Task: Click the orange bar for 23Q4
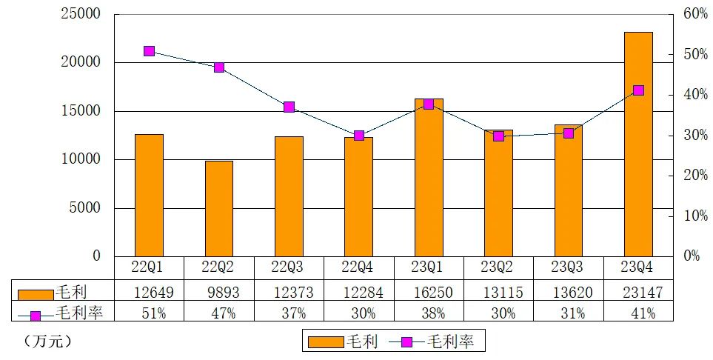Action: (x=638, y=144)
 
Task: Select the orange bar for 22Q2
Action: (x=219, y=208)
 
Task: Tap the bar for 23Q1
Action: (x=429, y=178)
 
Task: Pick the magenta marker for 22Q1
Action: (x=149, y=51)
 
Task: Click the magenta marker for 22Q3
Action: (x=289, y=107)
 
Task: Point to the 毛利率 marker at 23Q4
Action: (x=638, y=90)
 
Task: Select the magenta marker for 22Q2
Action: (x=219, y=67)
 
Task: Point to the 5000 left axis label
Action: (x=85, y=207)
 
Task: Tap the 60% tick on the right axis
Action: (x=695, y=14)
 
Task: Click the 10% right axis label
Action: (x=695, y=216)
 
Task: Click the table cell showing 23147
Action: (x=638, y=292)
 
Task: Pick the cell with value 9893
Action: (x=219, y=292)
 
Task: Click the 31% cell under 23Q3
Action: (x=568, y=313)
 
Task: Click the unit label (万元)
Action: (x=47, y=341)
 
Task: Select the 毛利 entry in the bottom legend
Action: (x=345, y=341)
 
